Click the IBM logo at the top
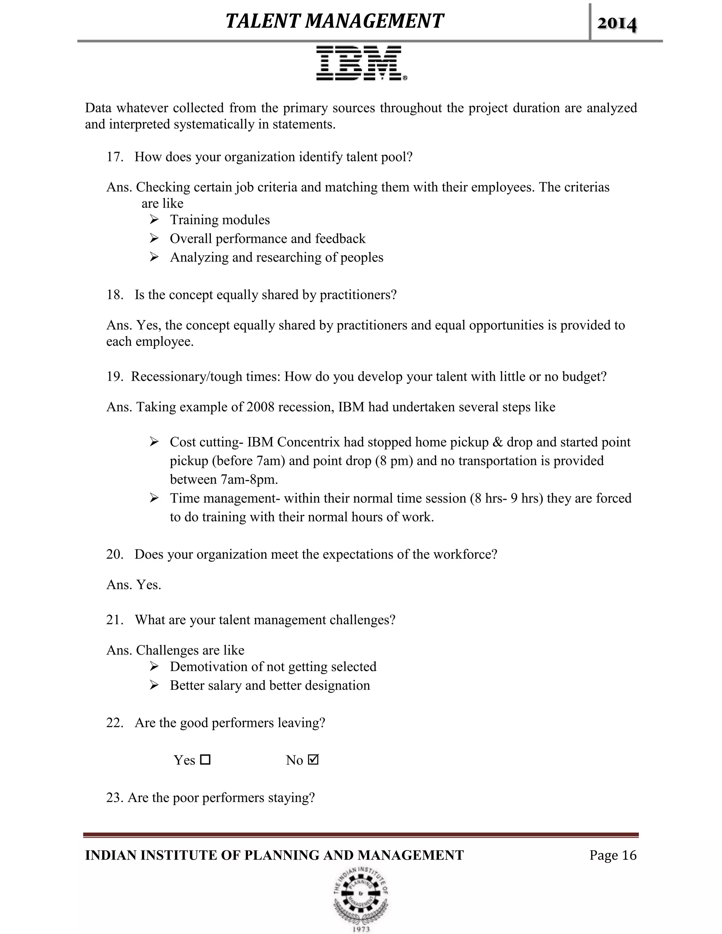[x=361, y=63]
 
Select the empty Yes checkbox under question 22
[x=205, y=760]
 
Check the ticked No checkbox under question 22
[x=313, y=760]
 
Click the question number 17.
[x=115, y=157]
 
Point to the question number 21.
[x=115, y=620]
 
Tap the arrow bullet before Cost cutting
[x=154, y=442]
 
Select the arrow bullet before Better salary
[x=154, y=685]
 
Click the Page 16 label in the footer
[x=613, y=855]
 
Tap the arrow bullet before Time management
[x=154, y=498]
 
